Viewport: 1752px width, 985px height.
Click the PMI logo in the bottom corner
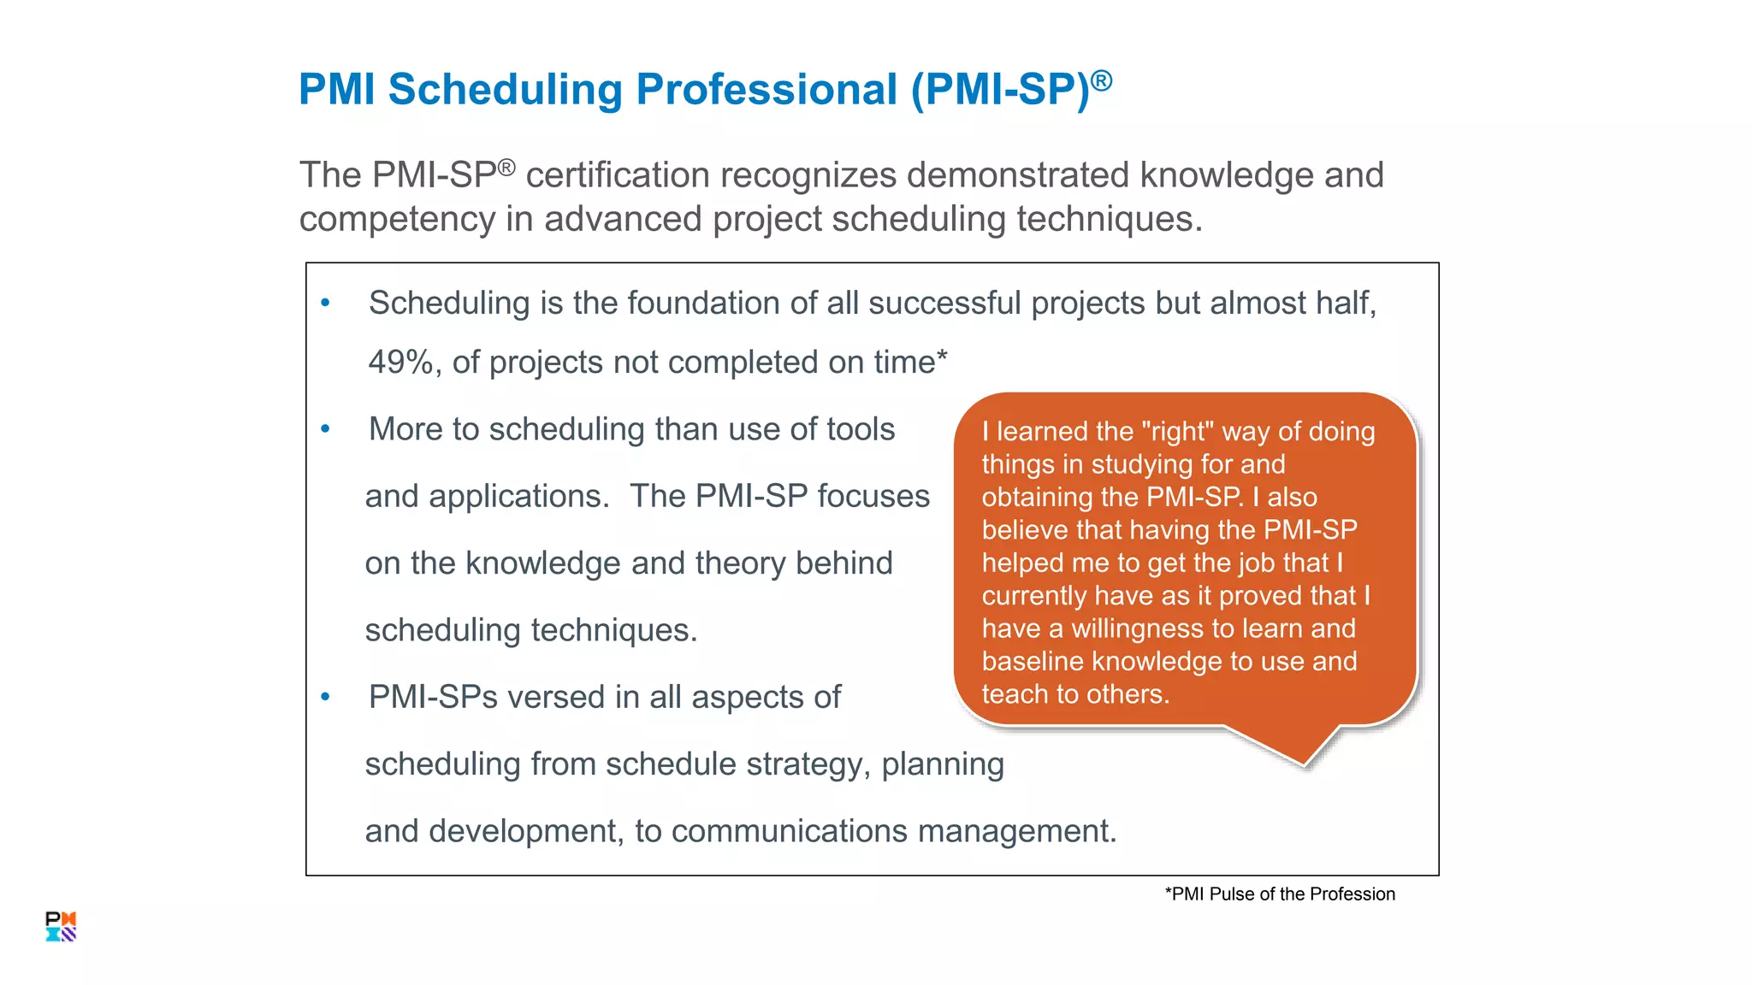point(61,926)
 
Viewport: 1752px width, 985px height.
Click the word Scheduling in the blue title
point(504,90)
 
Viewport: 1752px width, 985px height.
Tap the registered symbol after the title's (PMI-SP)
point(1102,81)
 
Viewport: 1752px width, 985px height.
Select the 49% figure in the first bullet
point(400,363)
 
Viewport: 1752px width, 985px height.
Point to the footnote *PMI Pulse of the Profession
point(1280,894)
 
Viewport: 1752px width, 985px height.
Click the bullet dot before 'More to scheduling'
point(325,429)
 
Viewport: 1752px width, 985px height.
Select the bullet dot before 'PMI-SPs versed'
point(325,697)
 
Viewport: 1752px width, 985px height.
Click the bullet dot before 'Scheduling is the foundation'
point(325,303)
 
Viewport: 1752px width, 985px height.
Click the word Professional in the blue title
point(766,90)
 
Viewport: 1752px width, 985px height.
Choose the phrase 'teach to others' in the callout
point(1074,694)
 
